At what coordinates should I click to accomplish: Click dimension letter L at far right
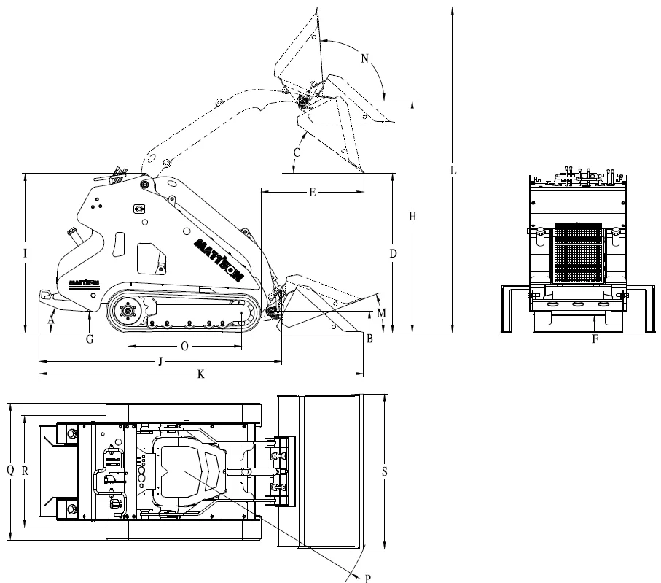453,170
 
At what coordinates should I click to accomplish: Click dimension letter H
412,216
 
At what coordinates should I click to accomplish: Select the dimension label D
393,253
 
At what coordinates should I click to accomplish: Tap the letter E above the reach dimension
313,193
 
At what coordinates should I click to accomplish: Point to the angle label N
365,58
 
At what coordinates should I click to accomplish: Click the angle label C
297,152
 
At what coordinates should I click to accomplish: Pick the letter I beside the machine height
26,253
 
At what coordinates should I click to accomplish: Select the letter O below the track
184,347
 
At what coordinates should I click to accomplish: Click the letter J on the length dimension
160,361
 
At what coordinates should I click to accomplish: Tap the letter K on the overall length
201,374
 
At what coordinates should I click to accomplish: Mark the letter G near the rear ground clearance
90,339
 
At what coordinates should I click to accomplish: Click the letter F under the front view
595,339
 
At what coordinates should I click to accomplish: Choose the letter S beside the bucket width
385,471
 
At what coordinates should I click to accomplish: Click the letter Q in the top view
10,470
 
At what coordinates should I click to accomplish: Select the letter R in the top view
25,471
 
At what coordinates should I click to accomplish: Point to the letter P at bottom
368,579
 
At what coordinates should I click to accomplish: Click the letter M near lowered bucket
381,313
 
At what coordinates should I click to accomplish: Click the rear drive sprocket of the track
127,311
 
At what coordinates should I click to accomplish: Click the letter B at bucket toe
369,339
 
